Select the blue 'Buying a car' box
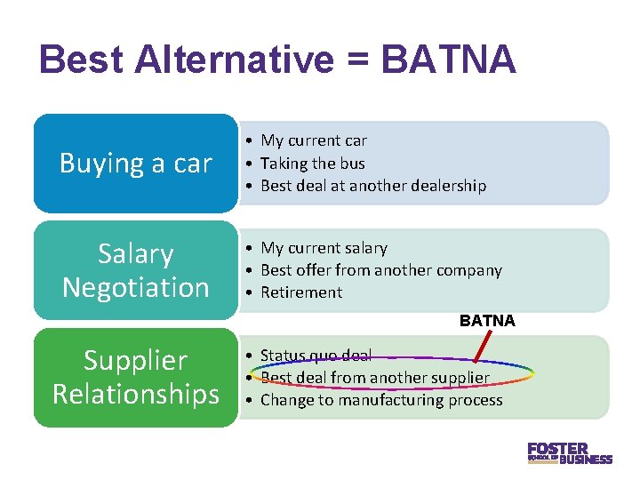point(136,164)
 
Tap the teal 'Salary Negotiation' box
point(136,270)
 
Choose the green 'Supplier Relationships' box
point(136,377)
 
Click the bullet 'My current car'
point(313,140)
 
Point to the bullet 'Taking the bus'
point(312,164)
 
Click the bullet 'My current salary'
point(324,248)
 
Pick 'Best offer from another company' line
point(380,270)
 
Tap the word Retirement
point(301,292)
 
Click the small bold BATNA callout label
point(487,321)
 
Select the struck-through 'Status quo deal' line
point(316,356)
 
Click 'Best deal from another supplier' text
point(374,378)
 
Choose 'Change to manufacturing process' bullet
point(380,400)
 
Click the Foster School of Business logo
point(569,452)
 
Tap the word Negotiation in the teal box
point(136,287)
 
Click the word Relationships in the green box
point(136,393)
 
